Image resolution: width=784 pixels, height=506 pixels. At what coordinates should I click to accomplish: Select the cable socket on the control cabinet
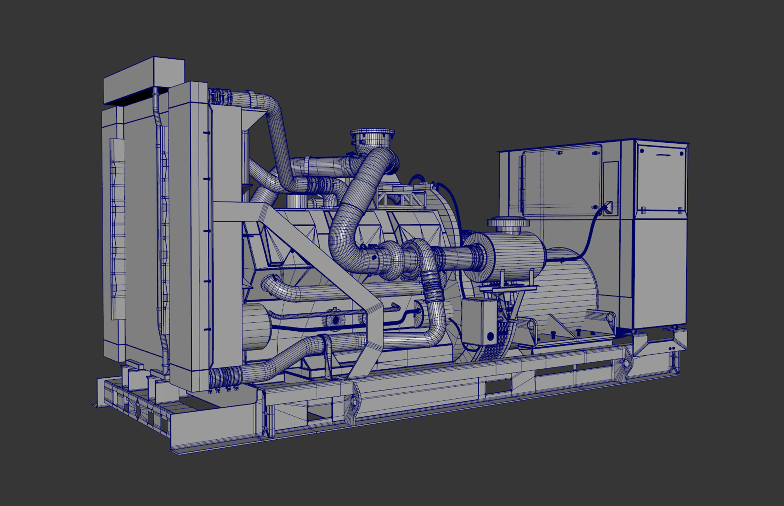click(608, 208)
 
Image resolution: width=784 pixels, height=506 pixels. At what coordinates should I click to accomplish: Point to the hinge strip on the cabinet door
click(521, 184)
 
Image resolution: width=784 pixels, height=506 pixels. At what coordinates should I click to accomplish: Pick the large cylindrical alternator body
click(565, 289)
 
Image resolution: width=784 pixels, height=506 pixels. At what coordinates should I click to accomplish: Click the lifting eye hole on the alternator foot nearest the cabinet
click(610, 318)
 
